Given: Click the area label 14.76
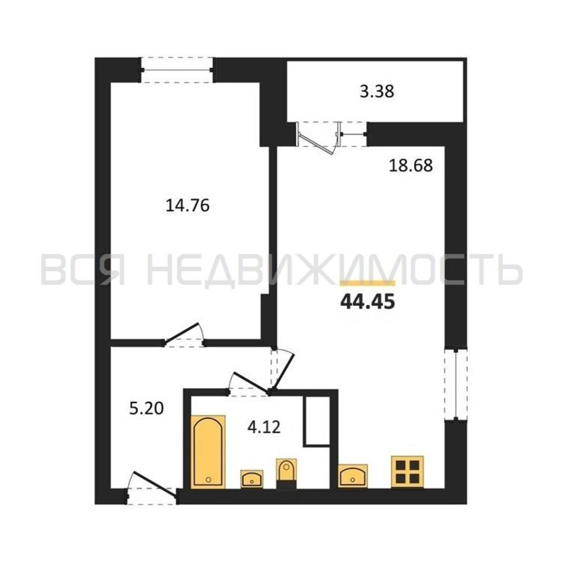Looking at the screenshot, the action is pos(187,206).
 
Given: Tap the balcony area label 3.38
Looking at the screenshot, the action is pos(377,91).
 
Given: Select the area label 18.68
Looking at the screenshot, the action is pos(411,166).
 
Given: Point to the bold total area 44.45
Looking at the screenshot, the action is pos(367,301).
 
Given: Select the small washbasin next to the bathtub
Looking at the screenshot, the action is pos(252,479).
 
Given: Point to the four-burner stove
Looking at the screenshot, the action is pos(407,472).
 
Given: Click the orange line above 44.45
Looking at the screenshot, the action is pos(367,283).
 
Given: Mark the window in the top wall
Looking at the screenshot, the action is pos(177,70).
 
